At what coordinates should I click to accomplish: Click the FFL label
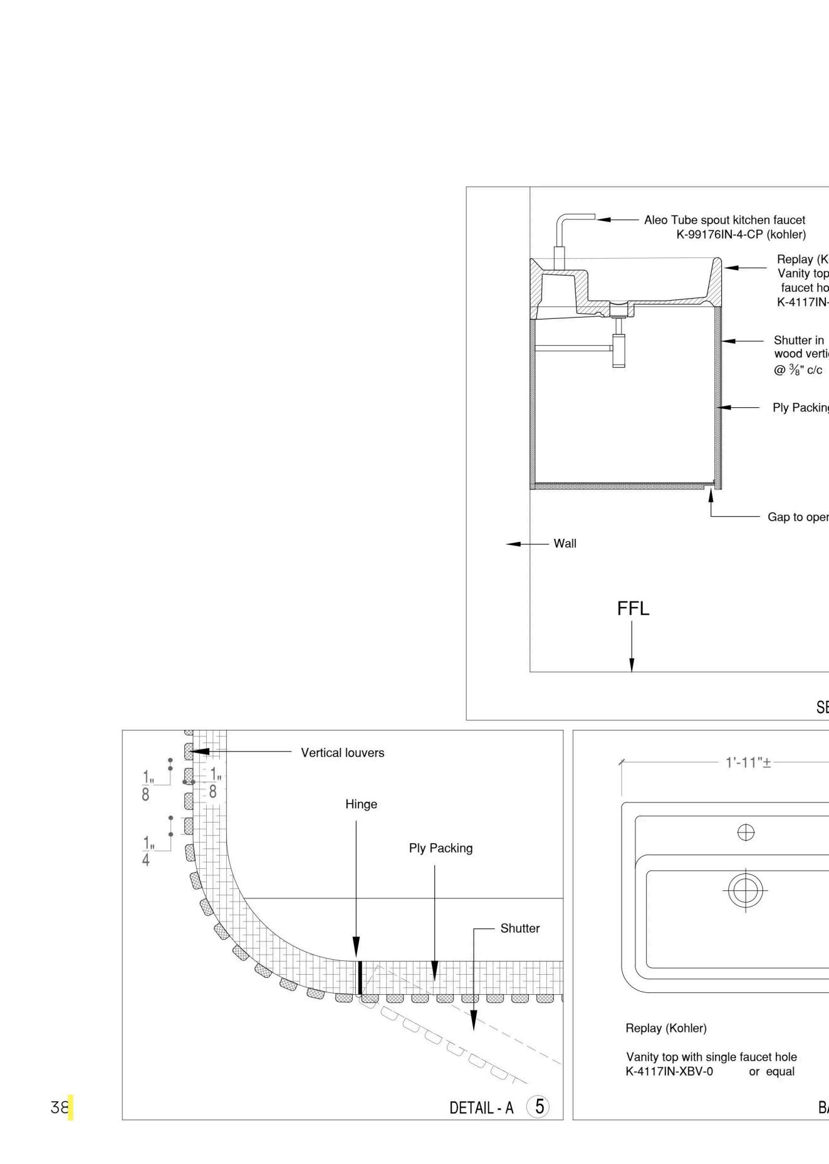(633, 608)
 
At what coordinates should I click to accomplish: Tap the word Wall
(565, 544)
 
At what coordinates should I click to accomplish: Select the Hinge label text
(361, 804)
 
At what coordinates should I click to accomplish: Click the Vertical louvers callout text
(342, 753)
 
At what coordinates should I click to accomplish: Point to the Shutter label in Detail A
(519, 928)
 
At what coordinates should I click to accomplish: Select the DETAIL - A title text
(481, 1108)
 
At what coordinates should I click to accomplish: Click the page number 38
(59, 1108)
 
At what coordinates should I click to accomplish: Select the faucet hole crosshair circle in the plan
(746, 833)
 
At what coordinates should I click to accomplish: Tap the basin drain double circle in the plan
(746, 890)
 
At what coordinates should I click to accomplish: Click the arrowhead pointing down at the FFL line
(632, 665)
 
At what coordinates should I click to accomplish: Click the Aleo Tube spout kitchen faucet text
(724, 220)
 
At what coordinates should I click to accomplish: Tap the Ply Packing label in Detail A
(441, 848)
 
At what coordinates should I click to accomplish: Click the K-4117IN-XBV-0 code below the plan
(669, 1071)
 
